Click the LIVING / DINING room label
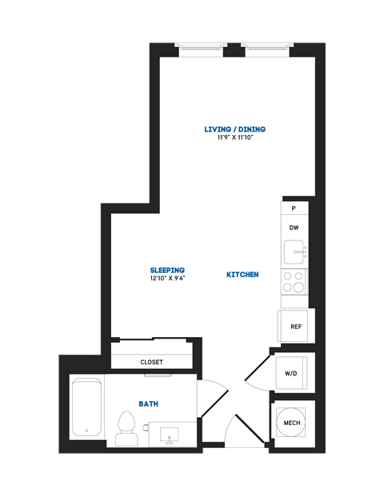(234, 129)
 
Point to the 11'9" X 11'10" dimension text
(234, 137)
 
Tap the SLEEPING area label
(167, 270)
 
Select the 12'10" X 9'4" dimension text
(167, 279)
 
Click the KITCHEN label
(242, 275)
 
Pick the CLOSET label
(151, 362)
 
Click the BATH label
(148, 404)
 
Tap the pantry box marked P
(294, 208)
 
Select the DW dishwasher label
(294, 228)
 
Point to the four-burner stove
(294, 281)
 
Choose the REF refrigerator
(295, 326)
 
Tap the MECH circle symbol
(292, 423)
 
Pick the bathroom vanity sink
(170, 434)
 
